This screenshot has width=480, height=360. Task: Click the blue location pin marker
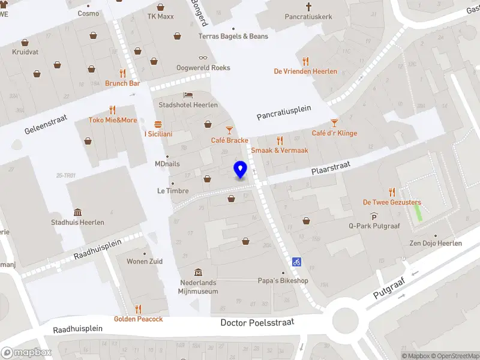[x=241, y=170]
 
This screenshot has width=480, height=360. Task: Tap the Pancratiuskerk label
[x=309, y=17]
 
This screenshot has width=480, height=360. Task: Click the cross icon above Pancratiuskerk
[x=309, y=7]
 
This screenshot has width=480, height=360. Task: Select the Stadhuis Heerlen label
[x=78, y=222]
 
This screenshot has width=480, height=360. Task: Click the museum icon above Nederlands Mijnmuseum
[x=198, y=272]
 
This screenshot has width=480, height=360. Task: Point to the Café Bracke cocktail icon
[x=229, y=130]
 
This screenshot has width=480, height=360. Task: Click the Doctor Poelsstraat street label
[x=257, y=322]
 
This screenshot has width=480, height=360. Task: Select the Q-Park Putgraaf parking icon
[x=374, y=216]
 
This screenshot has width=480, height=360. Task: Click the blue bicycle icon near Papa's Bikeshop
[x=296, y=262]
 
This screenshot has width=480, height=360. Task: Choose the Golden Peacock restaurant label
[x=139, y=319]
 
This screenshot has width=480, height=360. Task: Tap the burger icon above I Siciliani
[x=158, y=124]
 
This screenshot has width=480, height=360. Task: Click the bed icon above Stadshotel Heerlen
[x=188, y=95]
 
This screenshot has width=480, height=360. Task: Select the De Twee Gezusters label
[x=392, y=202]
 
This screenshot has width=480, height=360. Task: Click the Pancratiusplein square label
[x=284, y=112]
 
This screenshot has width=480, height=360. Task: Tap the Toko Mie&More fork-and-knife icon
[x=113, y=110]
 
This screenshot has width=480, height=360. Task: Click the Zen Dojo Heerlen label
[x=436, y=243]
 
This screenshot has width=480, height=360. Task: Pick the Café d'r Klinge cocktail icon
[x=334, y=123]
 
